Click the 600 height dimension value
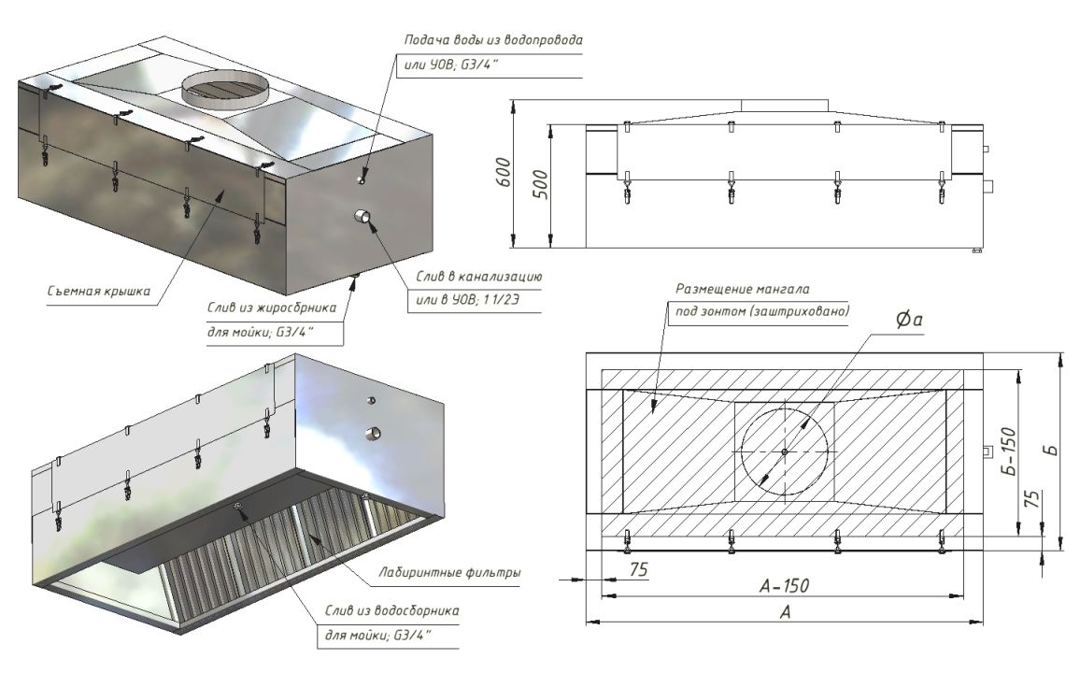tap(504, 172)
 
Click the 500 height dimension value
tap(541, 184)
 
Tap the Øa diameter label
tap(908, 319)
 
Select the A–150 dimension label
tap(784, 585)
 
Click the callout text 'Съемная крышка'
tap(98, 291)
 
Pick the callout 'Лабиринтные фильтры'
tap(449, 572)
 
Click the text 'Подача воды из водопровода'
tap(493, 40)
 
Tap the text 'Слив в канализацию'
tap(478, 277)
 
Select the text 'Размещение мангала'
tap(743, 290)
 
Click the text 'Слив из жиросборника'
tap(272, 308)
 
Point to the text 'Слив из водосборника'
tap(391, 611)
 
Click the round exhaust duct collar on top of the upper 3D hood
tap(225, 88)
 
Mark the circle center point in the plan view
tap(785, 451)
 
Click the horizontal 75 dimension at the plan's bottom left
tap(638, 569)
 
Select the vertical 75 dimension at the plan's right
tap(1031, 499)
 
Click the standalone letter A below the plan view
tap(785, 611)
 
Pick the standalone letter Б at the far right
tap(1051, 450)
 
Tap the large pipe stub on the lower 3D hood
tap(374, 434)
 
